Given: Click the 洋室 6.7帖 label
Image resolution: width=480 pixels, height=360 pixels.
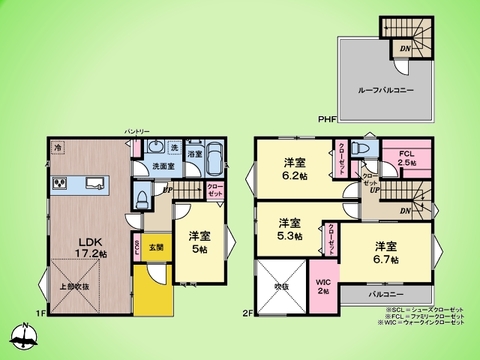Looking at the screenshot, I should click(x=386, y=252).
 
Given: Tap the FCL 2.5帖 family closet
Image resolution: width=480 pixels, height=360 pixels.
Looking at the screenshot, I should click(x=406, y=159).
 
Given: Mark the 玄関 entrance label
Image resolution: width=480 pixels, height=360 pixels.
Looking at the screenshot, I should click(x=157, y=247).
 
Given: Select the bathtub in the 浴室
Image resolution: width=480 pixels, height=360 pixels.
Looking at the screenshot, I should click(x=215, y=161).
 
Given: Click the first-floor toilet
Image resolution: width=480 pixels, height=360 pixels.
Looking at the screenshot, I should click(x=142, y=195).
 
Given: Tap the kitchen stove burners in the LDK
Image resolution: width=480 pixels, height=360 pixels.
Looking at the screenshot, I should click(x=59, y=184).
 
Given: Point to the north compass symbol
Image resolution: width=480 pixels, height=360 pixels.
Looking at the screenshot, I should click(x=21, y=337).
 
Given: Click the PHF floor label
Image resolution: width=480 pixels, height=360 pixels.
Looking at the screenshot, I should click(x=326, y=121).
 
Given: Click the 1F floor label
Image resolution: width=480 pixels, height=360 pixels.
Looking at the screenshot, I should click(x=41, y=313).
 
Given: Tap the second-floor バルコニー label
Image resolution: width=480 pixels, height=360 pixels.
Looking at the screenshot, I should click(x=386, y=295).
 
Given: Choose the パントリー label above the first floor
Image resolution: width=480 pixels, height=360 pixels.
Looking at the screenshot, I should click(x=137, y=131).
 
